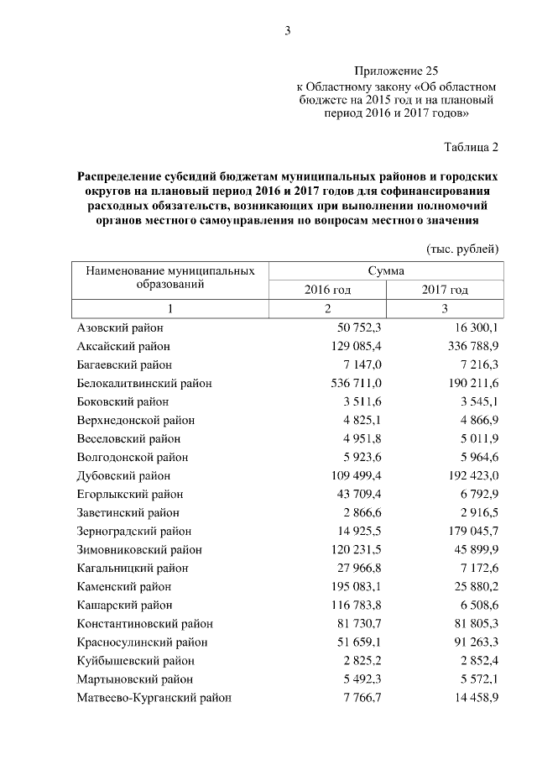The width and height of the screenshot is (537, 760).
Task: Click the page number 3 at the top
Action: (287, 31)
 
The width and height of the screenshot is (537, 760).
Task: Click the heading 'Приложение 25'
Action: (396, 71)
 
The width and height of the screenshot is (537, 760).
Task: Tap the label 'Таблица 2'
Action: (471, 148)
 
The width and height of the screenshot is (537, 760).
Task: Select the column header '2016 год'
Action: (327, 290)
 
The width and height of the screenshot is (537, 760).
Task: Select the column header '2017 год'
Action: (445, 290)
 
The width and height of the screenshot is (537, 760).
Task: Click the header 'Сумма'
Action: (386, 271)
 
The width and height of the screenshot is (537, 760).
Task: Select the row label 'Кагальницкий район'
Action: (132, 568)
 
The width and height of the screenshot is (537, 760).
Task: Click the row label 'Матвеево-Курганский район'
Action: (154, 697)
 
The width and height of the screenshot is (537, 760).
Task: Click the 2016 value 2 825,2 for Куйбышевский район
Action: (359, 660)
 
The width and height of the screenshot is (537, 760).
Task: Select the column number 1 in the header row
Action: (169, 309)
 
